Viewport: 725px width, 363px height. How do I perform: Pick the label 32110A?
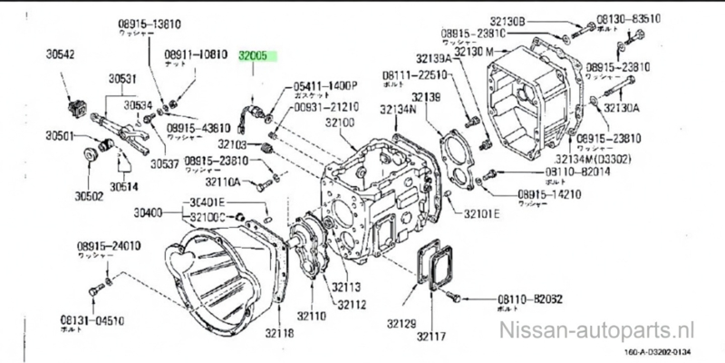click(x=222, y=181)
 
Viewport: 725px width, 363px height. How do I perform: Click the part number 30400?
click(x=147, y=212)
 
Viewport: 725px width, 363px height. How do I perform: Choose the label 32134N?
click(x=398, y=110)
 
